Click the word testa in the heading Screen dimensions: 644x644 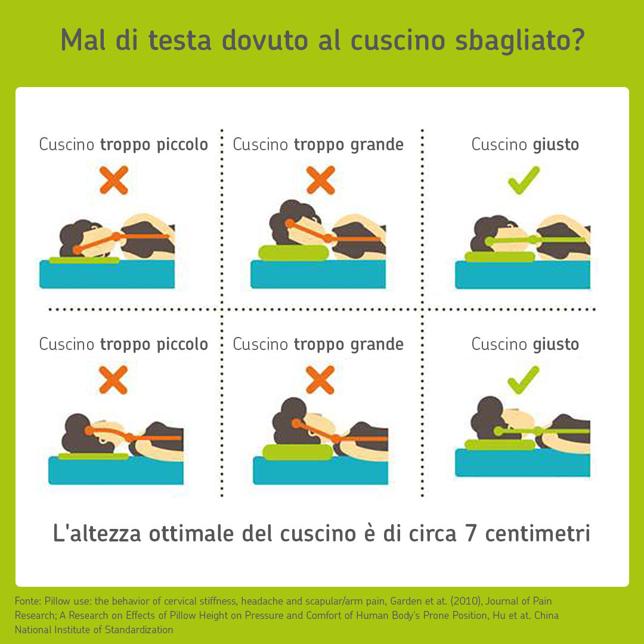[179, 41]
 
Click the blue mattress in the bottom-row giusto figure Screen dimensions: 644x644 [522, 463]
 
